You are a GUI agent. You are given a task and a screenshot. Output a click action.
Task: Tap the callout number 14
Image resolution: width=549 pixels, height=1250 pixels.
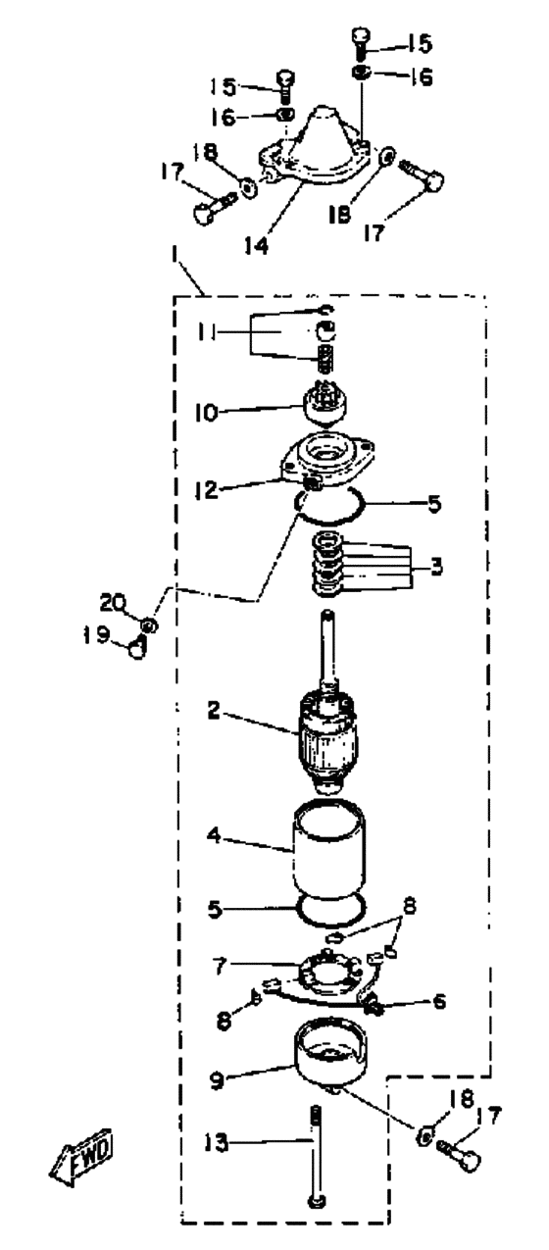click(257, 244)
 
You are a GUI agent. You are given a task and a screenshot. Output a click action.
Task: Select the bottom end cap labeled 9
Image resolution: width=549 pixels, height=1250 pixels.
click(330, 1049)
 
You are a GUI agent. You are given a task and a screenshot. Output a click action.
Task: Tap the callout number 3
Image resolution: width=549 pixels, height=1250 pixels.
click(437, 566)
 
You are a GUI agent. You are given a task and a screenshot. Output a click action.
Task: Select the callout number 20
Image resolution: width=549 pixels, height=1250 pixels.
click(113, 603)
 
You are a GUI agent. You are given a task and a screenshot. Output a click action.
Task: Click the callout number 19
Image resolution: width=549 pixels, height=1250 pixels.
click(94, 635)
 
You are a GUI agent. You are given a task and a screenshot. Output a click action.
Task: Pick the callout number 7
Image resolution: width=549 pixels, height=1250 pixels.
click(220, 967)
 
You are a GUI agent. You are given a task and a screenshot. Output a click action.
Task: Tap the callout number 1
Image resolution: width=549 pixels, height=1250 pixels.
click(176, 262)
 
